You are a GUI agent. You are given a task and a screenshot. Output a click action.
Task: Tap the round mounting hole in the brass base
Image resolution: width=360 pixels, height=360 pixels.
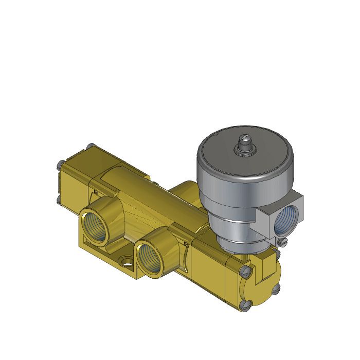pos(124,264)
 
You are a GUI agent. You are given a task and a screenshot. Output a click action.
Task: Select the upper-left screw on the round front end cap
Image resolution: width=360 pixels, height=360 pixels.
pos(245,268)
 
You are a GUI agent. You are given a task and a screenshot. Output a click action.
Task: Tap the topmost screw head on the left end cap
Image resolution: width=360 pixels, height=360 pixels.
pos(91,146)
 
